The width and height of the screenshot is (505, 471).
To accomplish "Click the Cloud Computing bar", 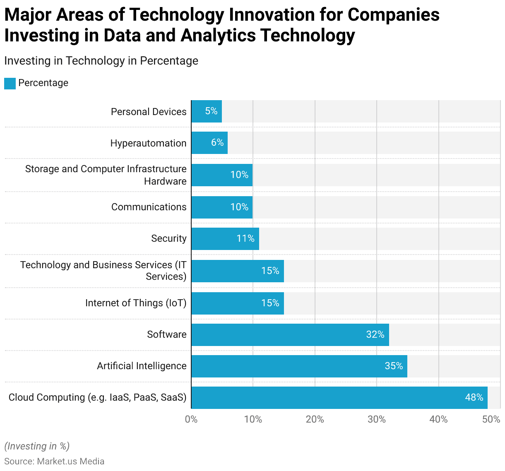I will pos(339,398).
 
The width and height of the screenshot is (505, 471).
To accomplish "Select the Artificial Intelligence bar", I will pos(299,366).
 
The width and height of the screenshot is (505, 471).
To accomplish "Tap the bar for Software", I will pos(290,335).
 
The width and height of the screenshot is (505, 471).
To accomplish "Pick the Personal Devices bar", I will pos(207,111).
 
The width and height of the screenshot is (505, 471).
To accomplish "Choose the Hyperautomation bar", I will pos(209,143).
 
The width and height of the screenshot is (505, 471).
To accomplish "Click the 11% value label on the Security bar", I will pos(245,238).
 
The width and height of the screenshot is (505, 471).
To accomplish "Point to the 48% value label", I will pos(474,397).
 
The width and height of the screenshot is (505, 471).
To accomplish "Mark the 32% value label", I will pos(375,334).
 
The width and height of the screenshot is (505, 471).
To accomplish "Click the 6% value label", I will pos(217,143).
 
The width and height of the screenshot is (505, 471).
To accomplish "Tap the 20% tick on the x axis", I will pos(315,419).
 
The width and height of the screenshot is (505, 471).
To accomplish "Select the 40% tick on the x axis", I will pos(438,419).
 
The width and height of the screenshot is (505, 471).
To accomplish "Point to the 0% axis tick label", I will pos(191,419).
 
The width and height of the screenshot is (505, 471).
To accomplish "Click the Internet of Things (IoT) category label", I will pos(136,303).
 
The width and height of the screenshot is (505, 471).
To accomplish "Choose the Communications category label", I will pos(149,207).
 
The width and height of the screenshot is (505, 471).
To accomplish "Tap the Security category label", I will pos(168,238).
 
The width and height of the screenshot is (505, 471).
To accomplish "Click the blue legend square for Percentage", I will pos(10,83).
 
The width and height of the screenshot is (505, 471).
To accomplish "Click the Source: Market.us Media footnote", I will pos(54,461).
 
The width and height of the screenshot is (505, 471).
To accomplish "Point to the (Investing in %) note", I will pos(37,446).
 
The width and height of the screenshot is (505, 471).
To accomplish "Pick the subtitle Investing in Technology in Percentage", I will pos(101,61).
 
